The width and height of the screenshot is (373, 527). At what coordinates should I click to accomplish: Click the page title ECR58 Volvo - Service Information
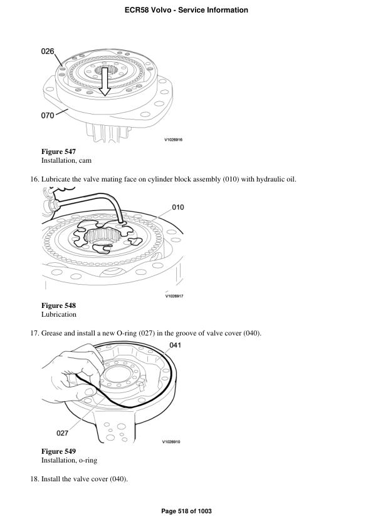[186, 10]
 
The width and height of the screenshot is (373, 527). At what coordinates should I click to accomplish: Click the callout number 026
[48, 51]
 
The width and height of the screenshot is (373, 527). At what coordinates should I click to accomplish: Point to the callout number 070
[48, 115]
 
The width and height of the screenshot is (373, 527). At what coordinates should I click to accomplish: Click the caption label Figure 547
[58, 152]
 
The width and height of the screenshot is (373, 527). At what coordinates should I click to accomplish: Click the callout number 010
[177, 207]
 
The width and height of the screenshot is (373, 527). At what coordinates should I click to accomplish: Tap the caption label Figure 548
[58, 305]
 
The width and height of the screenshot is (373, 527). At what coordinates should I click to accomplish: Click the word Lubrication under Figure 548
[59, 314]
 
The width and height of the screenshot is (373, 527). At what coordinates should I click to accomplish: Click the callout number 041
[176, 345]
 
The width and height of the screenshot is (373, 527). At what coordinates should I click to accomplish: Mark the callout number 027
[63, 432]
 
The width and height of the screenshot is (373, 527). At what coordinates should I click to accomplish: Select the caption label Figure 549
[58, 451]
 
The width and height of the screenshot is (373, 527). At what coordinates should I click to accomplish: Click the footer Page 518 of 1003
[186, 511]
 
